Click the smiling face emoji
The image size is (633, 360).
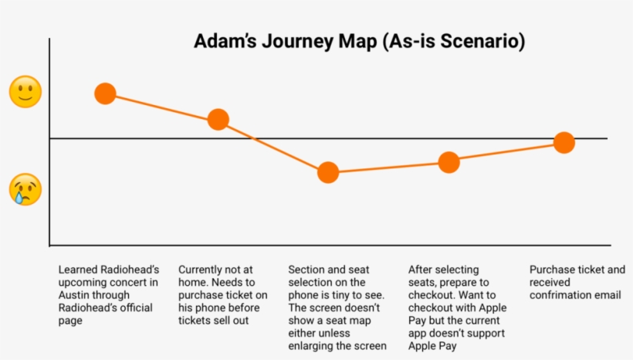point(25,92)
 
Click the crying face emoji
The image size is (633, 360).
point(25,189)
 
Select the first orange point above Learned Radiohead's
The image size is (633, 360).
point(105,93)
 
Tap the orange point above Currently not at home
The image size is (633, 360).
point(218,119)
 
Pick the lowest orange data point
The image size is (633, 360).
point(328,172)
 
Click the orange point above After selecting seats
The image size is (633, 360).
point(449,162)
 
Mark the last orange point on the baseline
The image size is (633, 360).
point(564,143)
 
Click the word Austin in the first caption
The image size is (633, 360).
point(74,295)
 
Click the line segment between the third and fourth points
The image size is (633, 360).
point(388,167)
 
